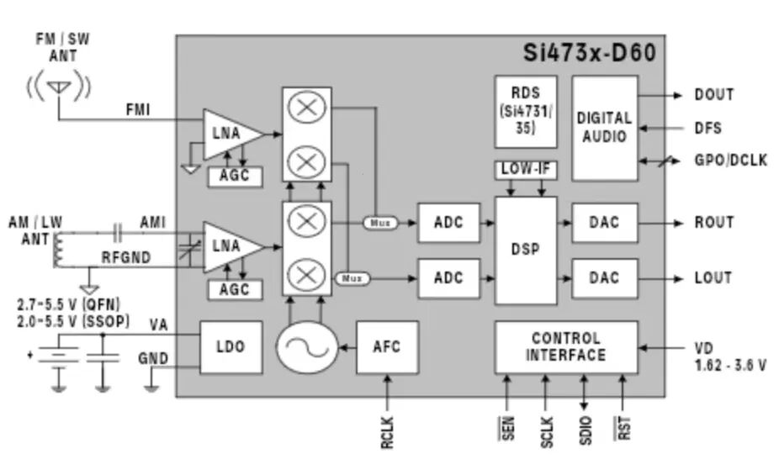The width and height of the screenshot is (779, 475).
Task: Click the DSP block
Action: click(526, 251)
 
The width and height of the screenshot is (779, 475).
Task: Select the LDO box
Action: click(231, 347)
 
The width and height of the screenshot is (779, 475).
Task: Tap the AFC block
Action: click(387, 347)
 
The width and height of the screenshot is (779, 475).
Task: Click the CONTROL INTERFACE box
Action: click(566, 347)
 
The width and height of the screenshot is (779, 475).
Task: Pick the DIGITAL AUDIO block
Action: click(605, 128)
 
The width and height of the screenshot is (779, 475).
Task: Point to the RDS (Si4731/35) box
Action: click(526, 111)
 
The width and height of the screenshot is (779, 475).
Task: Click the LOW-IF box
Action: click(526, 170)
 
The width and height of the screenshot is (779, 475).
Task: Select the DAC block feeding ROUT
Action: click(605, 223)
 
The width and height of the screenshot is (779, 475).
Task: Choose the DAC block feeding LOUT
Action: click(605, 278)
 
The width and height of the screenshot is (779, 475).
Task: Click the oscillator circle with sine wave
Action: click(307, 347)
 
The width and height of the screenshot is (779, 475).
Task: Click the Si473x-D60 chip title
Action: click(589, 53)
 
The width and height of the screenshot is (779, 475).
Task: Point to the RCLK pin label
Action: click(387, 433)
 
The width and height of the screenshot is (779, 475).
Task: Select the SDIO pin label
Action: click(586, 430)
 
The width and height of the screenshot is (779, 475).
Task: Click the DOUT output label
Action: click(714, 95)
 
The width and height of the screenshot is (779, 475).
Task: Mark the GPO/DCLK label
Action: click(731, 161)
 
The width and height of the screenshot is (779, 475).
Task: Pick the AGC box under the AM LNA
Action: click(235, 290)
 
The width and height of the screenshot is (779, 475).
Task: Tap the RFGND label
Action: click(126, 257)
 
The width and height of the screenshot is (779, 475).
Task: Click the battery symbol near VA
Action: click(59, 356)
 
